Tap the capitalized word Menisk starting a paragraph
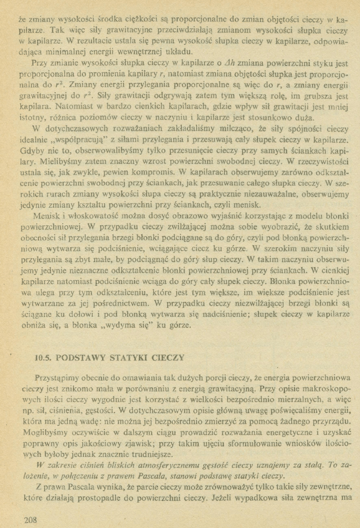point(47,217)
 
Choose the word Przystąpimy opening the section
point(59,377)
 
